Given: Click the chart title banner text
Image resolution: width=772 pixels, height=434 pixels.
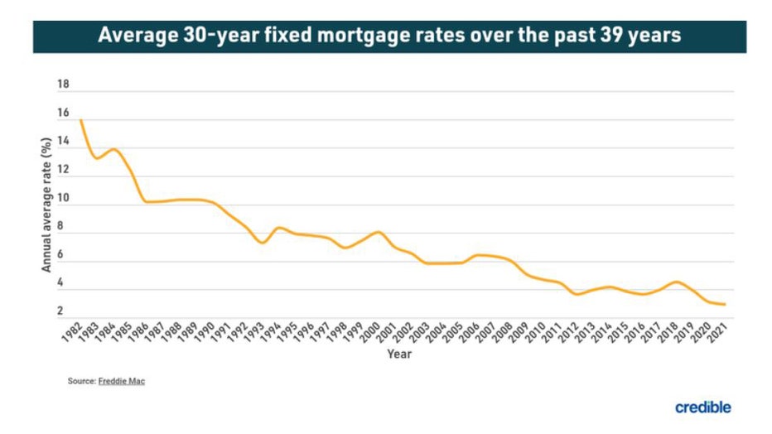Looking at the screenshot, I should click(389, 36).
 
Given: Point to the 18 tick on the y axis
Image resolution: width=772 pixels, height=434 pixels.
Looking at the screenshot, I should click(63, 85).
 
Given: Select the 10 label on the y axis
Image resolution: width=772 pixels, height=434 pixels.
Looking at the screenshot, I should click(63, 200).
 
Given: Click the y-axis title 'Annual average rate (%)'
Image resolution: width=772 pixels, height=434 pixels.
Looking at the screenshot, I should click(47, 205).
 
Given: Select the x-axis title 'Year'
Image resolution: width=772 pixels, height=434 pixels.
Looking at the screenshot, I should click(399, 354).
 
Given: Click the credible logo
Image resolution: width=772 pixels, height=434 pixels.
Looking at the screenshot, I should click(702, 407).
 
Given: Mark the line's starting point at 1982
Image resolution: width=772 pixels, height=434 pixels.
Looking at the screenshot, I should click(80, 121).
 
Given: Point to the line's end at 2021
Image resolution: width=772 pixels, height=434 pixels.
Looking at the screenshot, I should click(726, 305).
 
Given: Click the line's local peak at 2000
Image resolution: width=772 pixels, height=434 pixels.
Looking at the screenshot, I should click(379, 232).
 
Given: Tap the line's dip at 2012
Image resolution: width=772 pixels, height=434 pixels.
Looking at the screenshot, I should click(577, 294).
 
